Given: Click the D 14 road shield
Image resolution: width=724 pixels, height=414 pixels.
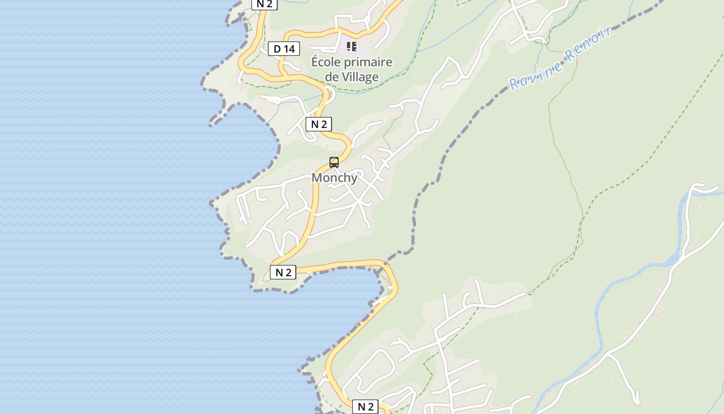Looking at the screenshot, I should tap(284, 49).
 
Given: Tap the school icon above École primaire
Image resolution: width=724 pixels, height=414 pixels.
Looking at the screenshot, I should tap(352, 47).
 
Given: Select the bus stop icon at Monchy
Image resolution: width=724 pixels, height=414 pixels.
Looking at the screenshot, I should tap(334, 162).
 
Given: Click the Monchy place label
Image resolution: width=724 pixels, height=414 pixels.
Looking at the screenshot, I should tap(334, 178).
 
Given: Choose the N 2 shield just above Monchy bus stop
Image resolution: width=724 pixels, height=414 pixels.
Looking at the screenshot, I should tap(319, 124).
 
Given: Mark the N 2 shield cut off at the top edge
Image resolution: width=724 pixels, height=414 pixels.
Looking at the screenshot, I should tap(264, 4).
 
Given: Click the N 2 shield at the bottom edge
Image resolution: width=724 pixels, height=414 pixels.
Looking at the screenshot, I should tap(365, 407).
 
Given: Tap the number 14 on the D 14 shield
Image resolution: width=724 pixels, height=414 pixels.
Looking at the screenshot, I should tap(290, 49).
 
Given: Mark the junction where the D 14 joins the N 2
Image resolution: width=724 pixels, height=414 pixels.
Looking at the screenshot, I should tap(283, 77).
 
